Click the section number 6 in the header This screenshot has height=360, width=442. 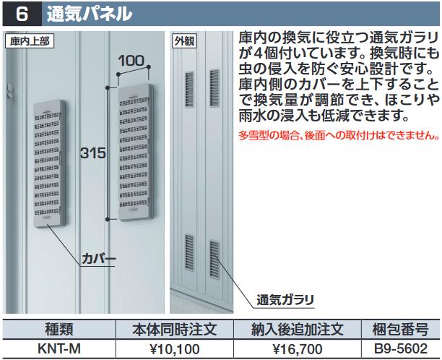point(22,14)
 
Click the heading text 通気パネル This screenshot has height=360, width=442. point(90,14)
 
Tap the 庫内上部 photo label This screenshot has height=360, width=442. point(30,41)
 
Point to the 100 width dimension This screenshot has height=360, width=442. point(131,61)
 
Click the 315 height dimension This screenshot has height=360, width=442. point(92,153)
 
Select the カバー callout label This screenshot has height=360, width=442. point(98,259)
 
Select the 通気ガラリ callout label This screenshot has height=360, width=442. point(285,299)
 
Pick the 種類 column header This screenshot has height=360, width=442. point(59,329)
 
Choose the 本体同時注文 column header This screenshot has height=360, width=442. point(175,329)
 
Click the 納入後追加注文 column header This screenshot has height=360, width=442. point(298,329)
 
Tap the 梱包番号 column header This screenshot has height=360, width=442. point(400,329)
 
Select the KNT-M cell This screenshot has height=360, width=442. point(59,348)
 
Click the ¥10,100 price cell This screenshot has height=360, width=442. point(175,349)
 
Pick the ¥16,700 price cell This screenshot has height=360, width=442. point(298,349)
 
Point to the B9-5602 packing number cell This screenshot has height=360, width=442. point(401,348)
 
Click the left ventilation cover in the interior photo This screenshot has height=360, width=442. point(49,163)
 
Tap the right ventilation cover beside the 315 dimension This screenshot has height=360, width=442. point(136,153)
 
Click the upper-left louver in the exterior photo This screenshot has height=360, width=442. point(189,90)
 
